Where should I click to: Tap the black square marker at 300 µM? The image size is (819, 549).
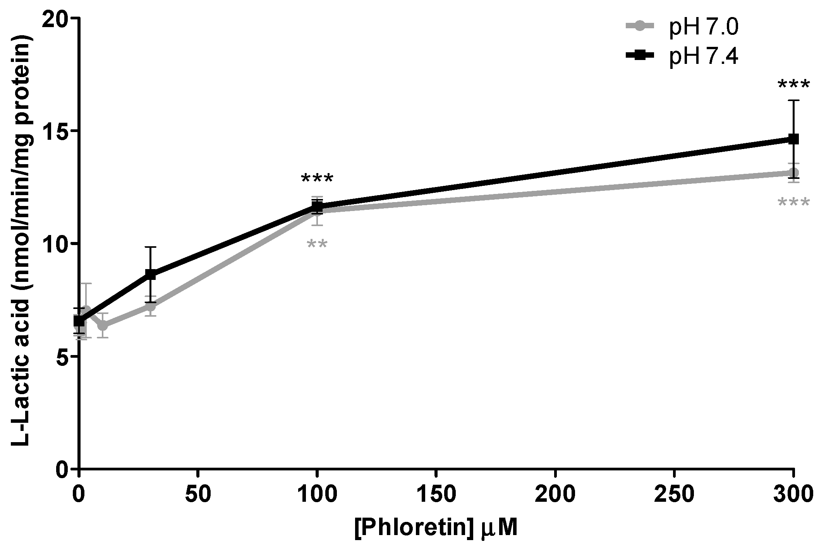point(793,139)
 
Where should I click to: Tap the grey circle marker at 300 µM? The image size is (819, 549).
point(793,173)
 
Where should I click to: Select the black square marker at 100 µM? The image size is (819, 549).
point(317,206)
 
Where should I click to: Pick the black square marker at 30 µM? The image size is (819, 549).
point(151,274)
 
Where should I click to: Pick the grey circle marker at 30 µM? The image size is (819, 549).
point(151,307)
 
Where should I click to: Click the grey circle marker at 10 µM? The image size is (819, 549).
point(103,326)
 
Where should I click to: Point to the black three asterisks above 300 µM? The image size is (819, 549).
point(793,85)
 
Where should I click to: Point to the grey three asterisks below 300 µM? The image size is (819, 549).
point(793,202)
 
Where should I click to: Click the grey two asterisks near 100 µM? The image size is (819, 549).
point(317,245)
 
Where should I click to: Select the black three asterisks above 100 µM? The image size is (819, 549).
point(317,179)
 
